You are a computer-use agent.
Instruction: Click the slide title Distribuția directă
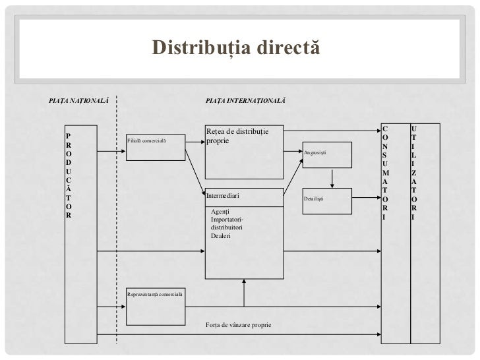(x=235, y=47)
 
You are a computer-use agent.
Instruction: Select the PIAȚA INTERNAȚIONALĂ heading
(x=245, y=100)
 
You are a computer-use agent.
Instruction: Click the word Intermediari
(x=223, y=196)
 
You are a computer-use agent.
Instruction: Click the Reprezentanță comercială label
(x=156, y=292)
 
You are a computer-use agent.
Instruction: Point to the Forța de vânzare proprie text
(x=238, y=326)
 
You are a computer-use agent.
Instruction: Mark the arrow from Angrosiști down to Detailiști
(x=333, y=178)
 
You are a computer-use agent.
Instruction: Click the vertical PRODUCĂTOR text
(x=69, y=175)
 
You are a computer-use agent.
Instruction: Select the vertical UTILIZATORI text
(x=413, y=173)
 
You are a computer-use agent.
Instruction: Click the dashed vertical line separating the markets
(x=117, y=218)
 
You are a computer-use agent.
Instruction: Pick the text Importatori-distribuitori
(x=227, y=223)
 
